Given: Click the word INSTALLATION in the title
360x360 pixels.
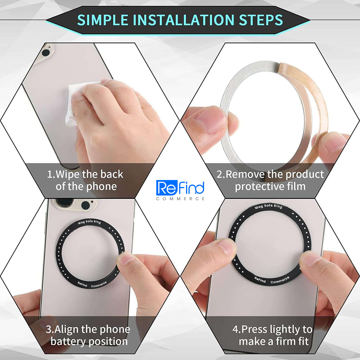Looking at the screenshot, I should coord(184,20).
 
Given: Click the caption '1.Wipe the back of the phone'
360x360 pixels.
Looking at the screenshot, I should coord(85,180).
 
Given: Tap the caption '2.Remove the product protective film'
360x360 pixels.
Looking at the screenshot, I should coord(270,180).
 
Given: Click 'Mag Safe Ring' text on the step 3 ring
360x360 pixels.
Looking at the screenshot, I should coord(89,222).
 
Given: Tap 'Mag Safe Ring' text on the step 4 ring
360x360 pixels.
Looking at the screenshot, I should coord(268,206).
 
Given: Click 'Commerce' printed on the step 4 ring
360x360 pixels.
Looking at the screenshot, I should coord(280,280).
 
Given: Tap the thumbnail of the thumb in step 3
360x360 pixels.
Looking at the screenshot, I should coord(126,258).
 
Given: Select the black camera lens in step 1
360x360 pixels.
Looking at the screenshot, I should coord(46,53).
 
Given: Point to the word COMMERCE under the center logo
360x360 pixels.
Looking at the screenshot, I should coord(180,199).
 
